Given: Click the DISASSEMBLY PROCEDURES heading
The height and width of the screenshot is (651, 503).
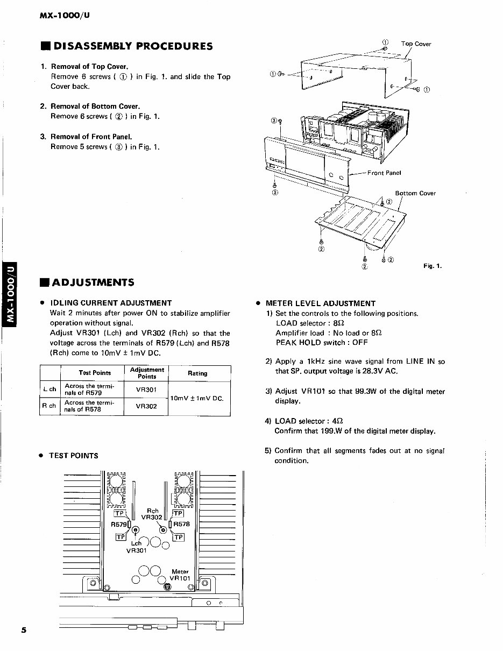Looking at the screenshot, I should [x=132, y=46].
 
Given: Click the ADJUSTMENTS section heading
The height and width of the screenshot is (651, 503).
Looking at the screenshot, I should [x=93, y=282].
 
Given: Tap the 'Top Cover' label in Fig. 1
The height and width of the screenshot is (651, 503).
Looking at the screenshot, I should [x=416, y=44].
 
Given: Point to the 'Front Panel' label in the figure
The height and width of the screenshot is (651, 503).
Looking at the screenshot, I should [x=384, y=173].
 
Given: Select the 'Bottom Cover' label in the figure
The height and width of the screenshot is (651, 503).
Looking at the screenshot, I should [x=415, y=193].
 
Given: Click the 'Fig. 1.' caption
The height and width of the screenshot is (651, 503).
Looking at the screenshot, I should [x=432, y=266].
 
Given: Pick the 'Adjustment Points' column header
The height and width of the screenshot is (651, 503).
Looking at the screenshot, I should [x=147, y=373].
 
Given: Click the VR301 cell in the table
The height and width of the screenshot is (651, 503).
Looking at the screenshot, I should [x=146, y=390].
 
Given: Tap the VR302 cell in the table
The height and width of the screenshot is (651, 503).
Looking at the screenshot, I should [x=146, y=406].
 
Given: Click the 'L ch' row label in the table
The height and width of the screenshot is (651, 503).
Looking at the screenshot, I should [x=49, y=390].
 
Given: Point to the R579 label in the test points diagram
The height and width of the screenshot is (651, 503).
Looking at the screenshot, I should [x=118, y=524].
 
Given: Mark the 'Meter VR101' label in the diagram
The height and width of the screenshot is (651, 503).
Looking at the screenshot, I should [x=180, y=575].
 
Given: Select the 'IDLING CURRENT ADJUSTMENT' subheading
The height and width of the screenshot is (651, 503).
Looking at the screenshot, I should [x=110, y=303].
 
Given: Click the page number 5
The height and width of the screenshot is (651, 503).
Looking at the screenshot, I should [x=24, y=631].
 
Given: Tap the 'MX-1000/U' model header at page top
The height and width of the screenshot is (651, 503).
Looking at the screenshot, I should [x=65, y=15].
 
